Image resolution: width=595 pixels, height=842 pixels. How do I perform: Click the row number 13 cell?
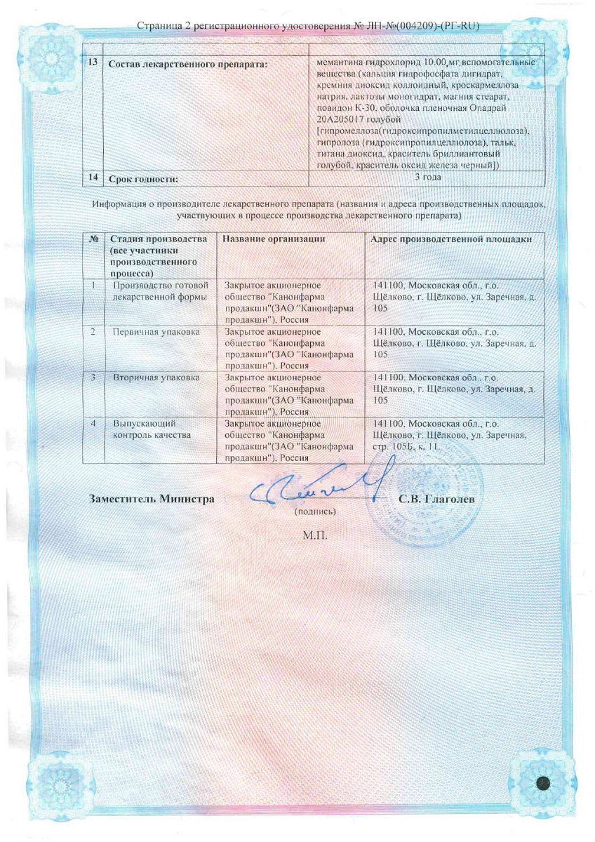click(93, 63)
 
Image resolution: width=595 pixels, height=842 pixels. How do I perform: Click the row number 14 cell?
click(93, 178)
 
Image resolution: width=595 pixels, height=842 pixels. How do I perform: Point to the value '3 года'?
click(427, 178)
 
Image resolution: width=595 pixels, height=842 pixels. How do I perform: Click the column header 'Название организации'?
click(274, 239)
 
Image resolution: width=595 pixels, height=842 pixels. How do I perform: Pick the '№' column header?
click(93, 239)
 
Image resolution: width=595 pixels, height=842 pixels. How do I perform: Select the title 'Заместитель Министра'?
click(152, 499)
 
